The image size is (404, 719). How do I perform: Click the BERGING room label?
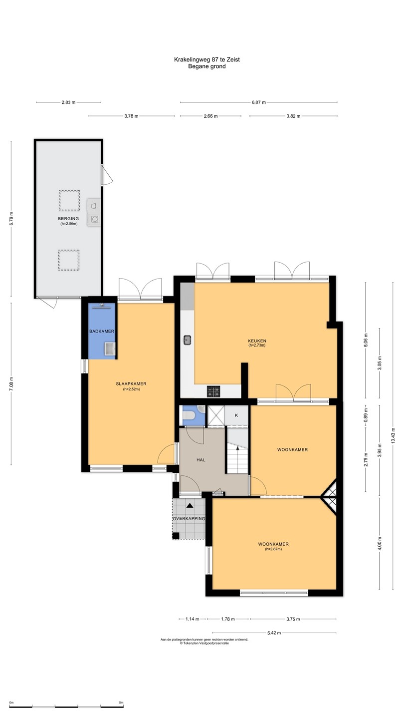point(69,219)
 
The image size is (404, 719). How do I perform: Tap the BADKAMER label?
point(102,331)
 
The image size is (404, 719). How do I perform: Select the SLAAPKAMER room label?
point(131,383)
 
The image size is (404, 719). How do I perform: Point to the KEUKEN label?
point(257,341)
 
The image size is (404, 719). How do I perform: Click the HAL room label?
point(201,460)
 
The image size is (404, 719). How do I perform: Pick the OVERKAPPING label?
point(189,518)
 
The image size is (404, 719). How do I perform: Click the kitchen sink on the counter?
point(188,340)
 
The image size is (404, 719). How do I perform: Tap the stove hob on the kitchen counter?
point(213,391)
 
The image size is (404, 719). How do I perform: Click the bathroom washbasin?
point(110,349)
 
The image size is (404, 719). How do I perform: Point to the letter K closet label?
point(236,415)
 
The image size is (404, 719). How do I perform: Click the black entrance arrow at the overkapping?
point(190,506)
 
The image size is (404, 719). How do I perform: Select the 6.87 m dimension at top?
point(259,102)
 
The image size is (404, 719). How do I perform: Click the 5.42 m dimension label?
point(274,633)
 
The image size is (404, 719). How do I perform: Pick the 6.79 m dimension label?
point(11,219)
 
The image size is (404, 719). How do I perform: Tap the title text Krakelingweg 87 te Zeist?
point(207,59)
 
